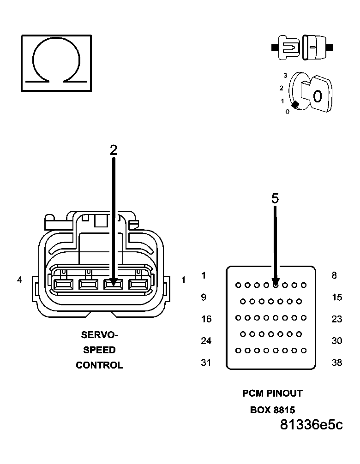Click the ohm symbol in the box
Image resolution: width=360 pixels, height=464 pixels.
pos(56,62)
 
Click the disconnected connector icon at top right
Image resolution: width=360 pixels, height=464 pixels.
pos(302,48)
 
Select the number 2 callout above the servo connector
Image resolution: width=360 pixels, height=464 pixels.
pos(114,149)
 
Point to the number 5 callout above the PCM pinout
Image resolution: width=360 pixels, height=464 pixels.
pos(275,198)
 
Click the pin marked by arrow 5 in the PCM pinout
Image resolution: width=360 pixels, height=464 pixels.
pos(276,285)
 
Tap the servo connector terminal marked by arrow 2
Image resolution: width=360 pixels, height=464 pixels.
pos(114,285)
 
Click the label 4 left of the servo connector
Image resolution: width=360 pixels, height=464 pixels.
pos(20,280)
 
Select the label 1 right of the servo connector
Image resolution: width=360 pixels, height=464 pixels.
pos(183,280)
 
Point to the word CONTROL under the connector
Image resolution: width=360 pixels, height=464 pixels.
pos(99,365)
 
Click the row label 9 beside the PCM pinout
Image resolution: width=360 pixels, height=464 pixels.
pos(204,297)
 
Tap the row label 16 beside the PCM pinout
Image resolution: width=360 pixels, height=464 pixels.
pos(206,319)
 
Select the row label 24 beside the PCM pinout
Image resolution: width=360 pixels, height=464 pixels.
pos(206,341)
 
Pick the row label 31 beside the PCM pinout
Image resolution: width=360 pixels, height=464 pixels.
pos(206,363)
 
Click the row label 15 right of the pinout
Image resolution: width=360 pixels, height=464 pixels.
pos(337,297)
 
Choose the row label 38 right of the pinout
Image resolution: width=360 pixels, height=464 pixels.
pos(337,363)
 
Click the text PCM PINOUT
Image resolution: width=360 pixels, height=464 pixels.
pos(272,393)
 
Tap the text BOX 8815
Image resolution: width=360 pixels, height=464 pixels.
pos(272,410)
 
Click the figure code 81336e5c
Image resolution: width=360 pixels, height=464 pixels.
pos(312,425)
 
